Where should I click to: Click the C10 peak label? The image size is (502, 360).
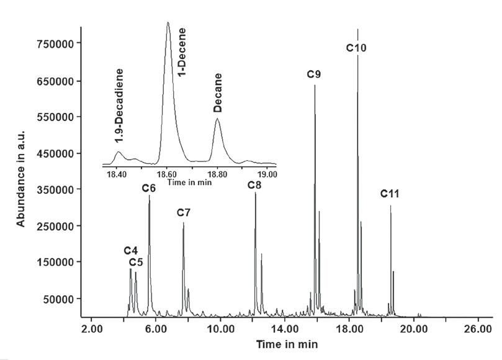tap(357, 48)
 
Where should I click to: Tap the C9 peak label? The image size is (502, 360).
tap(314, 75)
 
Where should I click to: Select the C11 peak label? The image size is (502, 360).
tap(390, 194)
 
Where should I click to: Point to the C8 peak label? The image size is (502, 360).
tap(254, 185)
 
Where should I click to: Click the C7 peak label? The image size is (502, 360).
tap(183, 213)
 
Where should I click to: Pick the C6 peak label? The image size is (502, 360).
tap(148, 188)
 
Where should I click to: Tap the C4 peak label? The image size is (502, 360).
tap(130, 250)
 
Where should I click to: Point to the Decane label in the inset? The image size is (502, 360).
tap(217, 93)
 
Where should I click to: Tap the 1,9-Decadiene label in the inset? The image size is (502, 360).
tap(119, 103)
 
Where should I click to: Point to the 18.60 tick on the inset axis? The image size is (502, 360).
tap(167, 174)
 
